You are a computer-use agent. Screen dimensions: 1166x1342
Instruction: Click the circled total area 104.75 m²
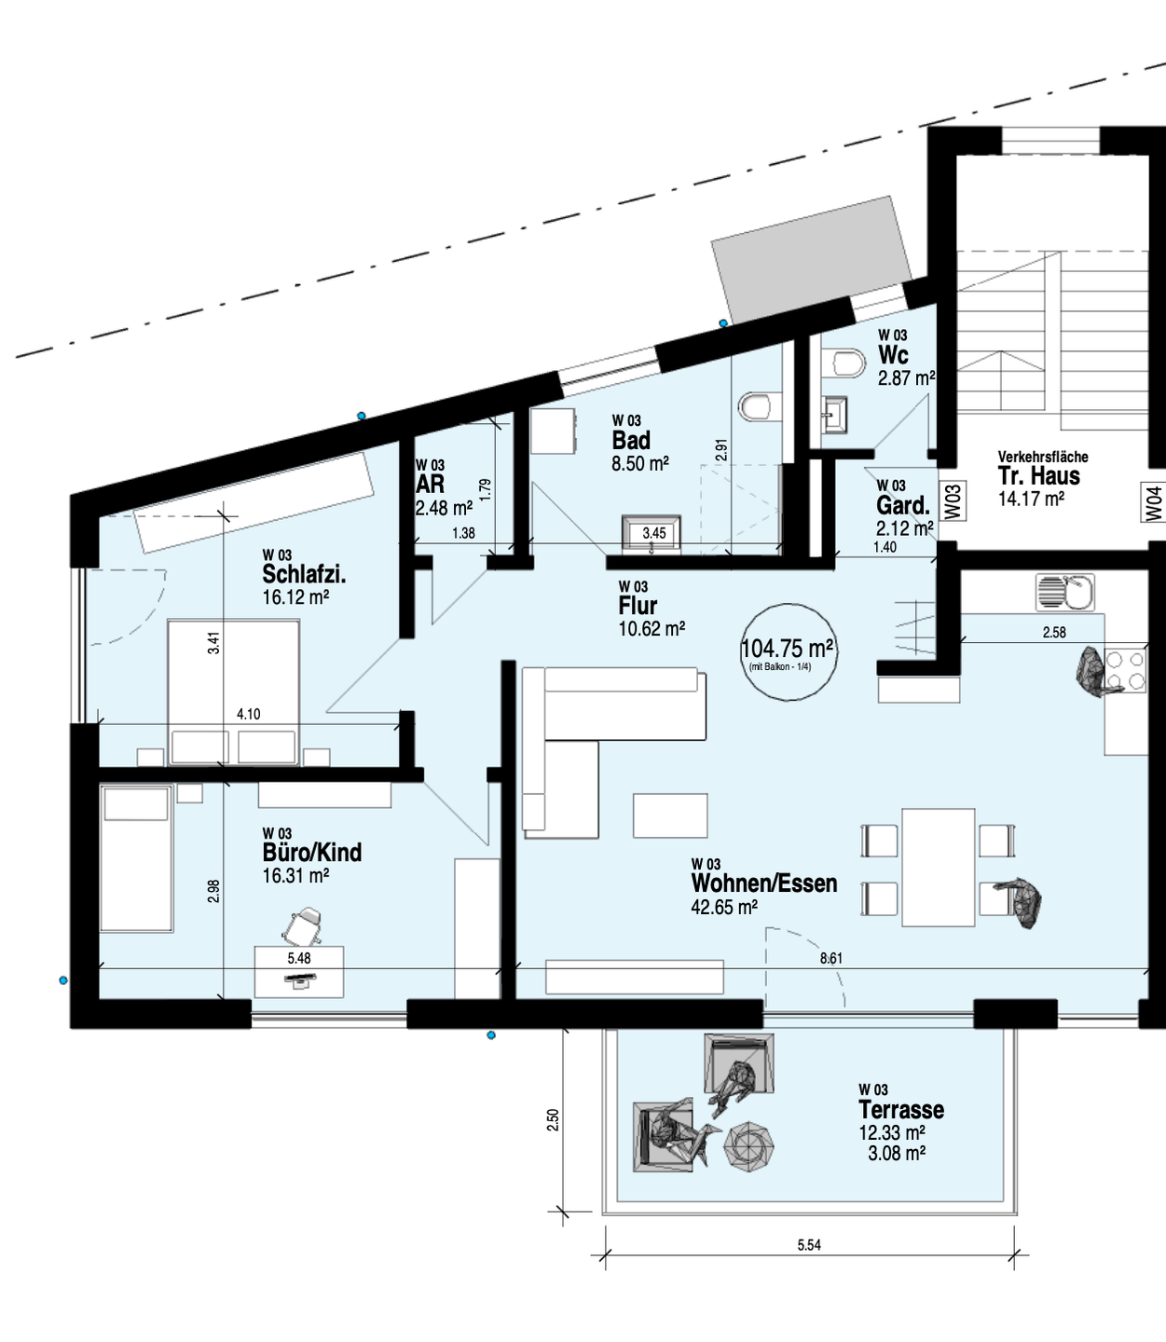click(x=787, y=650)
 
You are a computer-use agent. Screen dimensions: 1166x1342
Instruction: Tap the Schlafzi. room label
click(x=304, y=574)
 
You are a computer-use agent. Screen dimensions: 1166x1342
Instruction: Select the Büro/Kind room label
click(x=312, y=852)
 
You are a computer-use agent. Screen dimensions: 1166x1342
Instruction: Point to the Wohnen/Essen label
click(x=764, y=883)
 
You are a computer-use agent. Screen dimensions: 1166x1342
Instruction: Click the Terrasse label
click(x=901, y=1110)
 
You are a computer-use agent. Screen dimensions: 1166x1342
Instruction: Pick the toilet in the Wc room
click(x=846, y=363)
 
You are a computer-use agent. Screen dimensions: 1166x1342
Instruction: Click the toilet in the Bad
click(x=760, y=406)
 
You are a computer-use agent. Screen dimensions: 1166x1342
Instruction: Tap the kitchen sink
click(x=1065, y=593)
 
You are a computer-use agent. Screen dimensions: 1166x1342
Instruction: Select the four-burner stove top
click(x=1125, y=670)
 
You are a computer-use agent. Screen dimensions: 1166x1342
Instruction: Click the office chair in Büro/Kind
click(x=303, y=924)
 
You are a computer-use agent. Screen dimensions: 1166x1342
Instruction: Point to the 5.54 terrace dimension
click(x=809, y=1245)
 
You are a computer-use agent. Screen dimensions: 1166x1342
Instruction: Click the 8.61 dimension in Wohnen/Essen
click(x=830, y=958)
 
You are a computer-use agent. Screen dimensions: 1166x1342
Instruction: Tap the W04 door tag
click(x=1156, y=504)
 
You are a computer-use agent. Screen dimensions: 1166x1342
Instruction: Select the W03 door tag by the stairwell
click(x=953, y=501)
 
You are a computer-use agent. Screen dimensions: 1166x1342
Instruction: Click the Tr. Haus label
click(x=1040, y=475)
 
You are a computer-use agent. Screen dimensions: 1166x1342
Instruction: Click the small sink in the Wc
click(x=833, y=414)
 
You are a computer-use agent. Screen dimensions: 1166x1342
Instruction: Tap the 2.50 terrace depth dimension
click(x=553, y=1119)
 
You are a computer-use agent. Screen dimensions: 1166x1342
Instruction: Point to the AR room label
click(x=431, y=485)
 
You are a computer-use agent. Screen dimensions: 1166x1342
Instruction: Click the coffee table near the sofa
click(x=670, y=815)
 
